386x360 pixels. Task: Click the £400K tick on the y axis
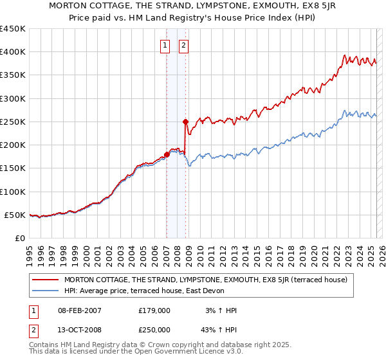[x=13, y=52]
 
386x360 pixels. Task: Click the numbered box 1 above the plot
[x=165, y=46]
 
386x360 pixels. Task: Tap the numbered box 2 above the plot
[x=184, y=46]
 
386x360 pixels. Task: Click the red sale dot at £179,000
[x=167, y=154]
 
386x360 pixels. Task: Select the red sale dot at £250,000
[x=185, y=122]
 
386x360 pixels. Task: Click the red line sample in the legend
[x=46, y=280]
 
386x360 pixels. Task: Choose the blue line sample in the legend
[x=46, y=291]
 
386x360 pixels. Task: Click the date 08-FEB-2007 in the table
[x=79, y=310]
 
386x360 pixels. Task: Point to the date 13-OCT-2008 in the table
[x=79, y=329]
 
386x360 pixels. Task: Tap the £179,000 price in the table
[x=154, y=310]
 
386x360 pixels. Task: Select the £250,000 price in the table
[x=154, y=329]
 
